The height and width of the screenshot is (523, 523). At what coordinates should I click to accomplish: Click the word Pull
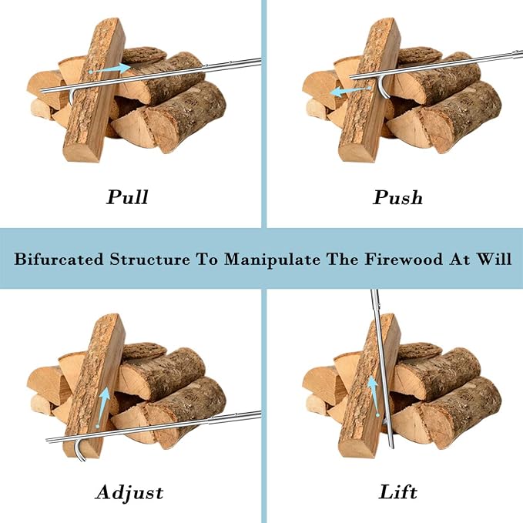coord(127,196)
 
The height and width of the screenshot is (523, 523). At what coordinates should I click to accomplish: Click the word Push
coord(397,196)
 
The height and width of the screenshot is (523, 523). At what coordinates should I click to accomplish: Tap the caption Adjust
coord(129,493)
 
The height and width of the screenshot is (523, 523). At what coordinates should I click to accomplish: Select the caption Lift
coord(398,492)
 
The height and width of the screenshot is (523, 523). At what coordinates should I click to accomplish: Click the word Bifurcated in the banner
coord(59,259)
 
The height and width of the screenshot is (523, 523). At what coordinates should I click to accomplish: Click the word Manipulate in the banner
coord(272,260)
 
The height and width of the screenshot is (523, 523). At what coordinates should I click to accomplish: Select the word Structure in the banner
coord(150,259)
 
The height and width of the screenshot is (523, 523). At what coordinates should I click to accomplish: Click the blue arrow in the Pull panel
coord(110,69)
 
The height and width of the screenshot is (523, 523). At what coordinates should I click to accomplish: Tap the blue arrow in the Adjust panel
coord(102,407)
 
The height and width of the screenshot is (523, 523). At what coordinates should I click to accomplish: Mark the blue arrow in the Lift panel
coord(374,396)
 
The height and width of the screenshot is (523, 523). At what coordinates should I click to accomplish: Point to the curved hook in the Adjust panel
coord(79,453)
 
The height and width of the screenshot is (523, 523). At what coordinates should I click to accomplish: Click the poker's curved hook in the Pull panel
coord(71,97)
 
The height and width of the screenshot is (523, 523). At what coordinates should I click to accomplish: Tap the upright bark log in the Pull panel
coord(95,90)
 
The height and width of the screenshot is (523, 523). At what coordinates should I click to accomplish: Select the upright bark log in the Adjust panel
coord(95,386)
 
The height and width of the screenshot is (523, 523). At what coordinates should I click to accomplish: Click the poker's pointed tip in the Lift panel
coord(392,448)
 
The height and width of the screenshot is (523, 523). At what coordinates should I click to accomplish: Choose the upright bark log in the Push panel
coord(370,90)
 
